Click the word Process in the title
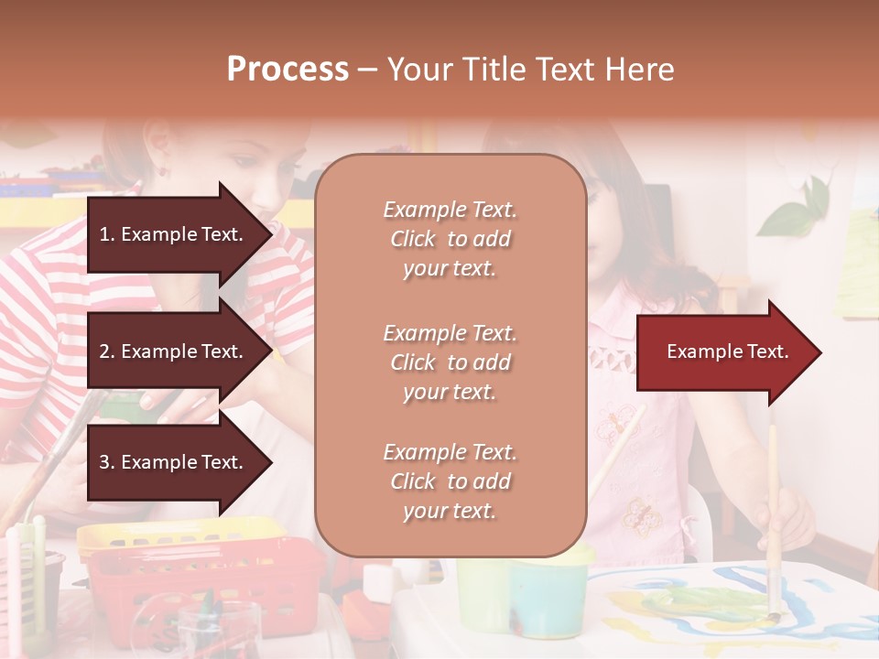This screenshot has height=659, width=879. pyautogui.click(x=288, y=70)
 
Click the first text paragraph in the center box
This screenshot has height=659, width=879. pyautogui.click(x=450, y=239)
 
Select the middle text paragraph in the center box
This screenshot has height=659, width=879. pyautogui.click(x=450, y=362)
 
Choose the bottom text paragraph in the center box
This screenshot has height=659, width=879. pyautogui.click(x=450, y=481)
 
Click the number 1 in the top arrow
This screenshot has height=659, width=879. pyautogui.click(x=104, y=234)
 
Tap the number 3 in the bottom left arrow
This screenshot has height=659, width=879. pyautogui.click(x=104, y=463)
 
